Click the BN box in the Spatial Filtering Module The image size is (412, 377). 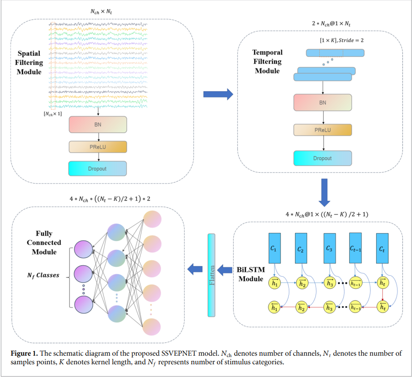click(x=98, y=124)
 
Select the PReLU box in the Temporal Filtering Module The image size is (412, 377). click(x=323, y=130)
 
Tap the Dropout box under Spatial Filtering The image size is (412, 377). click(x=97, y=169)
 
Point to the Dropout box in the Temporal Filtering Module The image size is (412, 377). click(x=323, y=158)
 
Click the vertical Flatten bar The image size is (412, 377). click(x=211, y=275)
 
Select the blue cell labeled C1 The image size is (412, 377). click(x=275, y=248)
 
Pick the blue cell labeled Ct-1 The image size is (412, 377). click(x=355, y=248)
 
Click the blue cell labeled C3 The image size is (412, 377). click(x=330, y=248)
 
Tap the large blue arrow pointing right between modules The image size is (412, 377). click(x=218, y=94)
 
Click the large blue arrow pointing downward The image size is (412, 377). click(x=325, y=193)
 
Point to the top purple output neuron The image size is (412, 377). click(x=84, y=249)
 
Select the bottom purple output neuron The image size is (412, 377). click(x=84, y=304)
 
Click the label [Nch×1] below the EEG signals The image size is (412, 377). click(x=53, y=114)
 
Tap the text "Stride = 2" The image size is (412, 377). click(x=351, y=40)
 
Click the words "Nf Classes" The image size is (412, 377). click(x=43, y=275)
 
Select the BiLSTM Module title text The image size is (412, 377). click(x=251, y=274)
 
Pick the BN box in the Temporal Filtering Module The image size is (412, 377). click(x=323, y=102)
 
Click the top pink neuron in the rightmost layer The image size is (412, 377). click(x=152, y=219)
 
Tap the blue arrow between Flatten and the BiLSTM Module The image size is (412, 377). click(x=225, y=270)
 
